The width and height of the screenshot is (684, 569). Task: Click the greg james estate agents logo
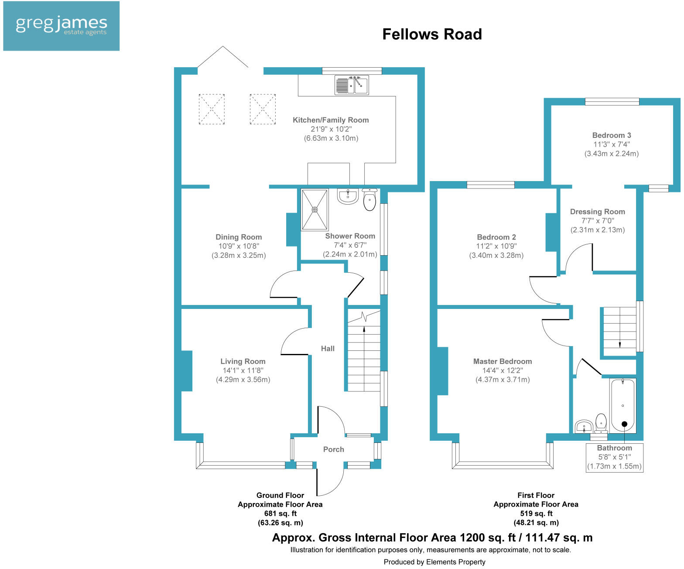[x=61, y=26]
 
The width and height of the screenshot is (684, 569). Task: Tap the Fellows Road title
[x=432, y=34]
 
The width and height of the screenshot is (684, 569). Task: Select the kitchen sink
[x=352, y=85]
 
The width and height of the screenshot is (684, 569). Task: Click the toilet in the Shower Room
[x=369, y=200]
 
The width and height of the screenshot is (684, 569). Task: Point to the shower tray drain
[x=315, y=209]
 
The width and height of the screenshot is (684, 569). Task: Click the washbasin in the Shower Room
[x=348, y=196]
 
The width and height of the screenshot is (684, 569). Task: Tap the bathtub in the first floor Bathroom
[x=622, y=406]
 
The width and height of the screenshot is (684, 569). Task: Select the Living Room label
[x=243, y=361]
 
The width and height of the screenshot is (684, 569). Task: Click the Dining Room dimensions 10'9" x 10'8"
[x=239, y=246]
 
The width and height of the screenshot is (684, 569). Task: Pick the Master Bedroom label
[x=503, y=361]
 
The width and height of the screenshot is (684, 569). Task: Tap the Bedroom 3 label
[x=612, y=135]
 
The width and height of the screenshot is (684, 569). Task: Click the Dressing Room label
[x=597, y=212]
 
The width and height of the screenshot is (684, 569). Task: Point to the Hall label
[x=328, y=348]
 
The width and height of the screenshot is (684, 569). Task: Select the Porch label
[x=334, y=449]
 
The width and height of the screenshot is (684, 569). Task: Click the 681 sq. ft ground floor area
[x=280, y=514]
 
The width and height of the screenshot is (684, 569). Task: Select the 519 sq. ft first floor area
[x=536, y=514]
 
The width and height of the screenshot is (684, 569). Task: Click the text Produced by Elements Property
[x=434, y=562]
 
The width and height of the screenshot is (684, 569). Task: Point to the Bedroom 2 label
[x=496, y=237]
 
